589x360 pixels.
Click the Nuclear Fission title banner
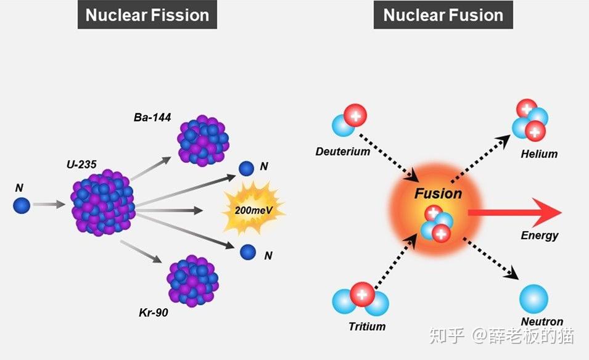tap(147, 15)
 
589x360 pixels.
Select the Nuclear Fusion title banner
tap(443, 15)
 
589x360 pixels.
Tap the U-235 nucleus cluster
tap(102, 203)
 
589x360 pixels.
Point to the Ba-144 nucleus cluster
tap(203, 141)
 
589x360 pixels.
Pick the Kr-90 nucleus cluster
tap(192, 281)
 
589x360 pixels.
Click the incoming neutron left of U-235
tap(22, 205)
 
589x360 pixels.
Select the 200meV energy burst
tap(253, 209)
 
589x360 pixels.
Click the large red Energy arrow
tap(514, 213)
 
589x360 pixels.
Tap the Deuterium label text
tap(342, 151)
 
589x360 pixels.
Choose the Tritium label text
tap(367, 326)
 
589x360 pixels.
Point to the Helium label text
tap(539, 154)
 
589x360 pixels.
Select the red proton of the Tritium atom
tap(362, 294)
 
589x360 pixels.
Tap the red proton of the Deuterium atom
tap(355, 116)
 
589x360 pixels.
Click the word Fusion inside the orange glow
tap(438, 194)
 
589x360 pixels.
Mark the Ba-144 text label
tap(152, 118)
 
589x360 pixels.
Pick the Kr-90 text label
tap(153, 313)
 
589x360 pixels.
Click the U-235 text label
tap(81, 165)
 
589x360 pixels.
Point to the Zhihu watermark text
tap(502, 335)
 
